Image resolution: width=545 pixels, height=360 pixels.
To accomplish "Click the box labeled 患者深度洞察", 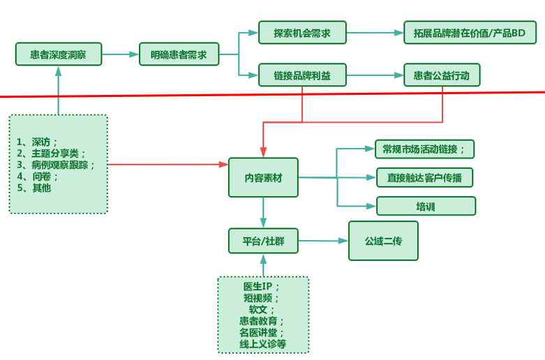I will tap(59, 54).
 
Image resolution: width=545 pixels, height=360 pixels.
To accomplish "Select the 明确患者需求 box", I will tap(179, 54).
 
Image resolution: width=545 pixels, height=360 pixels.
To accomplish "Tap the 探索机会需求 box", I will tap(302, 32).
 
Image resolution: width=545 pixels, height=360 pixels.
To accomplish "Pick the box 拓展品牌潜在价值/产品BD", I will tap(470, 32).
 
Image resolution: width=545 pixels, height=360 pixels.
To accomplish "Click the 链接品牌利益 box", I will tap(302, 75).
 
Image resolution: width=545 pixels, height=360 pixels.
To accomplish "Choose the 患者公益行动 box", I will tap(442, 75).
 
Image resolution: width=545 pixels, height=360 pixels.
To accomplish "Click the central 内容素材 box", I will tap(263, 177).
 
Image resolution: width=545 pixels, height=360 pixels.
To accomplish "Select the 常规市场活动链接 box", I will tap(424, 149).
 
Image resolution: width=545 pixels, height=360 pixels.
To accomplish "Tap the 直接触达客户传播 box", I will tap(424, 177).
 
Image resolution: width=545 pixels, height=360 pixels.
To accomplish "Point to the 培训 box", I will tap(426, 206).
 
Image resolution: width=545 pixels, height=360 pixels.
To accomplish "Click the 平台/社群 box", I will tap(263, 241).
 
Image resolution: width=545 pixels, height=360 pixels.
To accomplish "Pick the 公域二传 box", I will tap(383, 241).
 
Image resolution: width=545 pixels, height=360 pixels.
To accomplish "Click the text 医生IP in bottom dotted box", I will tap(262, 287).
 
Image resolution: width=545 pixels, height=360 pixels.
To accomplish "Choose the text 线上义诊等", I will tap(263, 344).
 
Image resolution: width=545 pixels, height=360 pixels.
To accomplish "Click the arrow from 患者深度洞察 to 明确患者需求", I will tap(120, 54).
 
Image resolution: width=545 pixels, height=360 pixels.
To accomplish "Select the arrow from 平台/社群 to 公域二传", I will tap(322, 241).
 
